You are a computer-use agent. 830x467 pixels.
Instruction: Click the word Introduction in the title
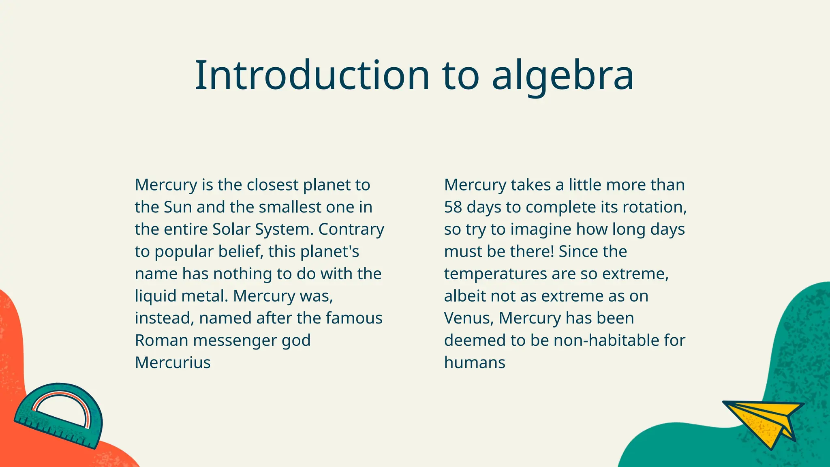(312, 75)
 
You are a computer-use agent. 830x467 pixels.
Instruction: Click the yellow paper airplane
(764, 422)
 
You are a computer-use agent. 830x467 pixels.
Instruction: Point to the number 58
(453, 207)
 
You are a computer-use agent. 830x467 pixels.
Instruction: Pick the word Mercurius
(173, 362)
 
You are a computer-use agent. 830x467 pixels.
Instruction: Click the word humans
(475, 362)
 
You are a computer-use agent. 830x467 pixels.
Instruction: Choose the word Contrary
(351, 229)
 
